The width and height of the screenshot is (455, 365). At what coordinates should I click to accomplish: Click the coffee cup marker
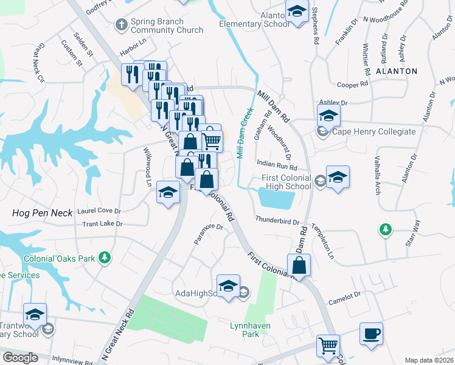[370, 334]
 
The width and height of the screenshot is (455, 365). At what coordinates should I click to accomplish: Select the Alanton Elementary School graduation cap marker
[297, 13]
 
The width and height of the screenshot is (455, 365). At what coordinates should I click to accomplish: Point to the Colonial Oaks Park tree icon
[105, 258]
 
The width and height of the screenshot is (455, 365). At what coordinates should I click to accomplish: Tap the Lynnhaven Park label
[250, 330]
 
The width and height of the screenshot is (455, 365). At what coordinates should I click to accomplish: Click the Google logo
[20, 357]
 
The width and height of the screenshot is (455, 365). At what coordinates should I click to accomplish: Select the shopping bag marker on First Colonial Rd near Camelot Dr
[299, 266]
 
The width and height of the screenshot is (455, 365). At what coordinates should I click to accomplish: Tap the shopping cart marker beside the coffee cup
[328, 346]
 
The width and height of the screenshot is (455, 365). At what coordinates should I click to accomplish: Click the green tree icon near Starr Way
[384, 229]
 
